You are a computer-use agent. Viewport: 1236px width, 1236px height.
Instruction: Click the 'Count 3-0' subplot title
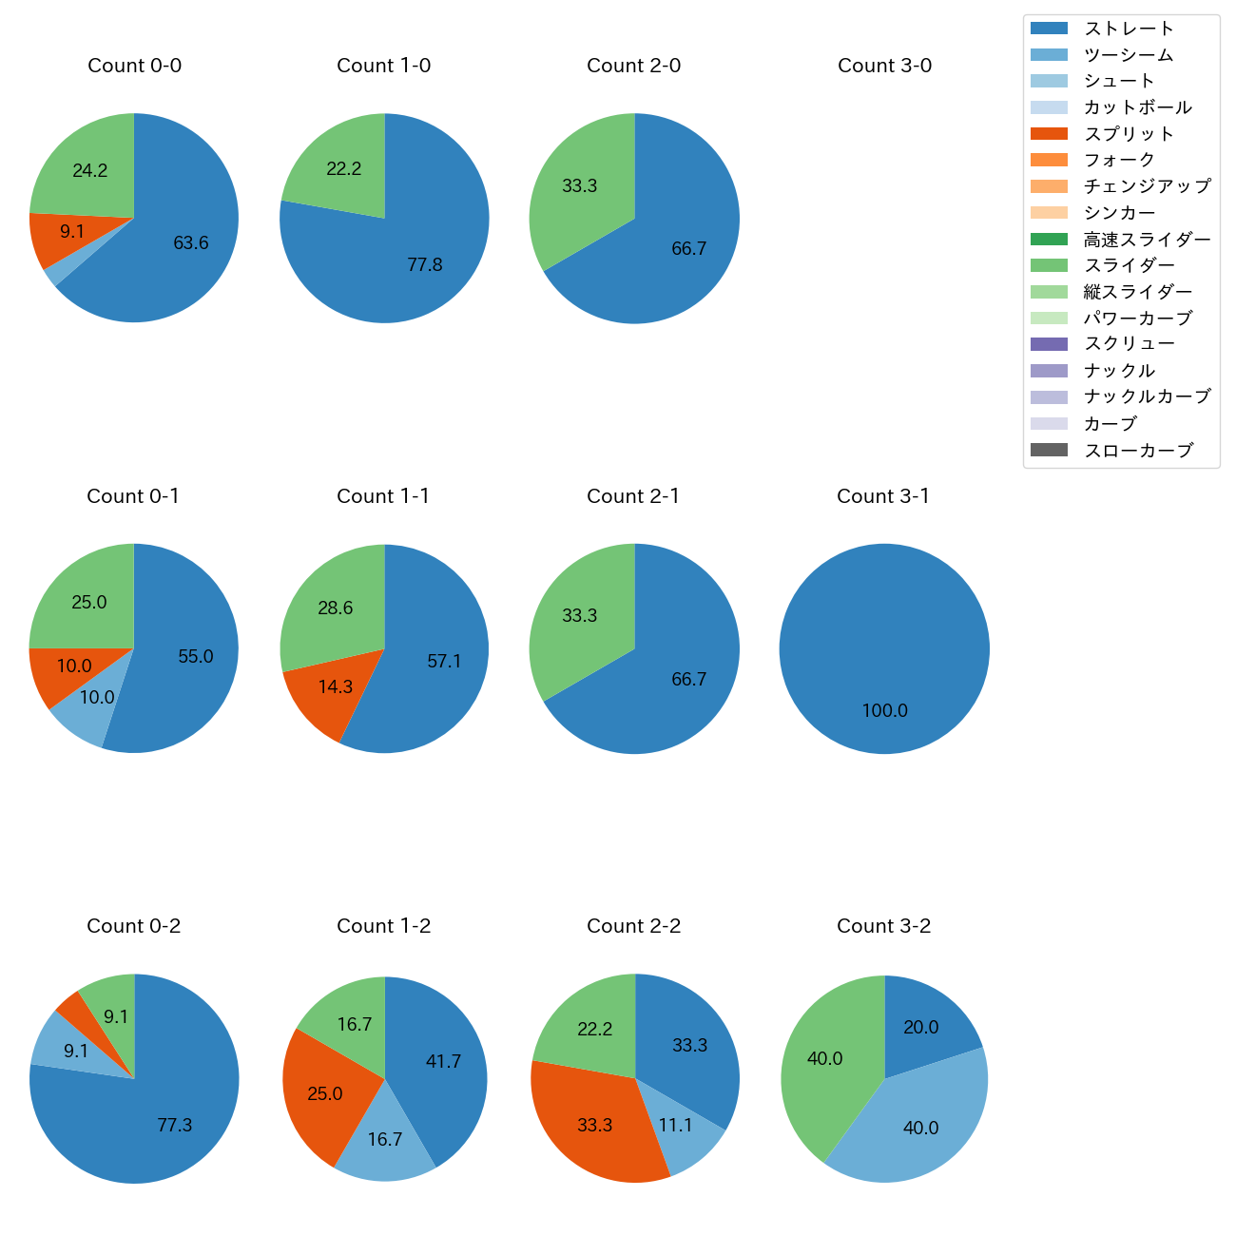[x=884, y=66]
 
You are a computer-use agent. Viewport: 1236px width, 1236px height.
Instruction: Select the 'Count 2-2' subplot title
[x=634, y=926]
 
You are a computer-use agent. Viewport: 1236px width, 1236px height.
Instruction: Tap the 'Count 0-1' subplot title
[x=133, y=496]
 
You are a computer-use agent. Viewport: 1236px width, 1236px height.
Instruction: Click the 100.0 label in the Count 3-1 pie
[x=884, y=710]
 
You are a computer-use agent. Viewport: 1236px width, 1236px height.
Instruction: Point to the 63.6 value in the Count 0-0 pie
[x=191, y=243]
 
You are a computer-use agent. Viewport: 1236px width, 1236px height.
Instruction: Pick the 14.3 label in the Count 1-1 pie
[x=336, y=686]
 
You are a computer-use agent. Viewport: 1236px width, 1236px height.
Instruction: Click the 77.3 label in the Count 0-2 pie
[x=175, y=1126]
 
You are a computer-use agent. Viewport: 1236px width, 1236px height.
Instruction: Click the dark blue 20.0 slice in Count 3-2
[x=921, y=1028]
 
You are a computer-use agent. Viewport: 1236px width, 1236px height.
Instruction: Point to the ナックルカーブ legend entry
[x=1147, y=396]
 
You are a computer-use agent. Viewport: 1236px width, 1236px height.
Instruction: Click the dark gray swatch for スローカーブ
[x=1049, y=450]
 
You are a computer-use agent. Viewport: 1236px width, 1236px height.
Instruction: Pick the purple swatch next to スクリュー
[x=1049, y=344]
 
